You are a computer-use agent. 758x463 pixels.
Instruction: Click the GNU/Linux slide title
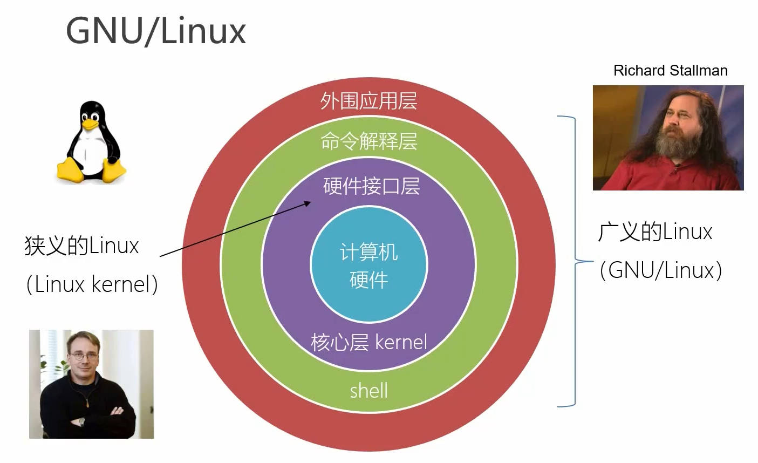click(156, 31)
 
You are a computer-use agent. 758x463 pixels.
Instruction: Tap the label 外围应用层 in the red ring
click(368, 101)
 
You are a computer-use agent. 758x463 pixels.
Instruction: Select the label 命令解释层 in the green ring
click(368, 141)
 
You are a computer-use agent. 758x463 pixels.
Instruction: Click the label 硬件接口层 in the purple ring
click(371, 186)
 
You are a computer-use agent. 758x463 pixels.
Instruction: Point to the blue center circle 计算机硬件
click(368, 265)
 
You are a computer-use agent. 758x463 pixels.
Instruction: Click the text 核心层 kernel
click(368, 342)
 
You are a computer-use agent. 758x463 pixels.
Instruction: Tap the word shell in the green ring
click(368, 390)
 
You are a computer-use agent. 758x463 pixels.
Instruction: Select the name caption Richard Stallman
click(670, 71)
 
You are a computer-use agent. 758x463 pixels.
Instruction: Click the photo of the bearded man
click(668, 138)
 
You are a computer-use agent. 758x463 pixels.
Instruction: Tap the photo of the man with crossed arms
click(91, 384)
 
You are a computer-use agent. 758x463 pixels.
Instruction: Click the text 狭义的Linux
click(82, 246)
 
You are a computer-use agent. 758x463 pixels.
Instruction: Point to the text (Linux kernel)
click(92, 284)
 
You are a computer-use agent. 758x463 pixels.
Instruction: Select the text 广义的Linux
click(655, 232)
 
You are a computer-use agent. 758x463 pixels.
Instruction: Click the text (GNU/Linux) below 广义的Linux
click(660, 270)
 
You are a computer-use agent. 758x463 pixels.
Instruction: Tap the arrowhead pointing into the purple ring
click(308, 203)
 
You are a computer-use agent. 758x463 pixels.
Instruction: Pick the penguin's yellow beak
click(90, 125)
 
